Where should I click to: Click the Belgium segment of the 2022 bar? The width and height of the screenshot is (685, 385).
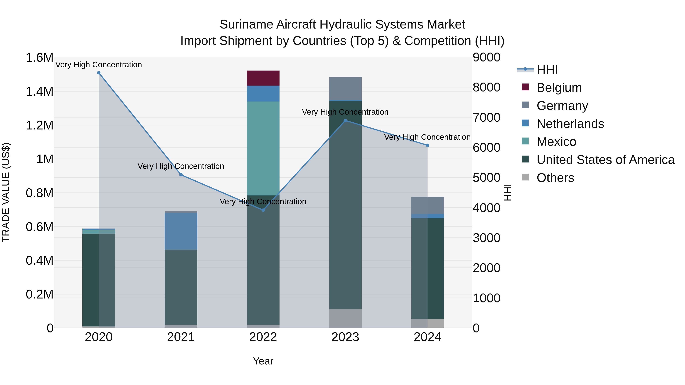pyautogui.click(x=263, y=78)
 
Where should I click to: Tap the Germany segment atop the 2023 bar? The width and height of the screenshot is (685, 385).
pyautogui.click(x=345, y=88)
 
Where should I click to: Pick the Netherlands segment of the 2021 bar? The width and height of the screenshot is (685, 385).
pyautogui.click(x=181, y=231)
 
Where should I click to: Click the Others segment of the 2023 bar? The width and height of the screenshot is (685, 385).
pyautogui.click(x=345, y=318)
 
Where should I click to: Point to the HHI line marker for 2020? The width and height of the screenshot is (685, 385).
pyautogui.click(x=99, y=73)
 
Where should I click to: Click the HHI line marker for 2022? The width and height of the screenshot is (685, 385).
pyautogui.click(x=263, y=210)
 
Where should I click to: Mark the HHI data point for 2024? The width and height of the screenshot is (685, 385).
pyautogui.click(x=427, y=145)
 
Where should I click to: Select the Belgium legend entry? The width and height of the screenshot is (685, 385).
pyautogui.click(x=559, y=88)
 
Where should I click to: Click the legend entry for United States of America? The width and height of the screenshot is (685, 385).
pyautogui.click(x=605, y=160)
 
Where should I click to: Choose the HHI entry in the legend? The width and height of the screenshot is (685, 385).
pyautogui.click(x=547, y=70)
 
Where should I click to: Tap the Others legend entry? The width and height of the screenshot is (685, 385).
pyautogui.click(x=555, y=178)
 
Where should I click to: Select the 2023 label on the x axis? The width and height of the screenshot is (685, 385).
pyautogui.click(x=345, y=337)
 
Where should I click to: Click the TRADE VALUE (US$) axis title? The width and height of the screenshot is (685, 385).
pyautogui.click(x=6, y=192)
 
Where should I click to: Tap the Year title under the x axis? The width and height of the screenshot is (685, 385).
pyautogui.click(x=263, y=361)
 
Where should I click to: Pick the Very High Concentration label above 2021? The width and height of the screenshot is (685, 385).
pyautogui.click(x=181, y=166)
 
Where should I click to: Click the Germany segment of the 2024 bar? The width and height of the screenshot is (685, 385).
pyautogui.click(x=427, y=205)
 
